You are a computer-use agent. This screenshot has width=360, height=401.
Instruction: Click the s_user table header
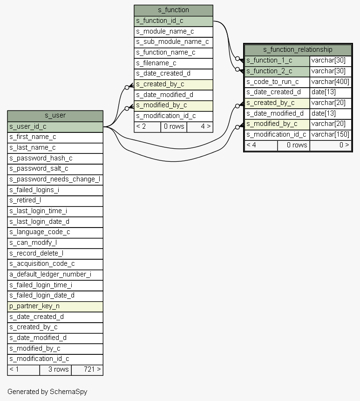pyautogui.click(x=55, y=116)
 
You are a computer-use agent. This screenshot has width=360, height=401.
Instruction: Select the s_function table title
pyautogui.click(x=173, y=10)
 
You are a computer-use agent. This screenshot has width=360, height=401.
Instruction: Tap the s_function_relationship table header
pyautogui.click(x=298, y=49)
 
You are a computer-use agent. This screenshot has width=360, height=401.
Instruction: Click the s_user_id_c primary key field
pyautogui.click(x=55, y=126)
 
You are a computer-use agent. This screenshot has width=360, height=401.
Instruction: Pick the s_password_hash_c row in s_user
pyautogui.click(x=55, y=158)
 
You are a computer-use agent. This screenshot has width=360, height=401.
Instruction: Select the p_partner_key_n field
pyautogui.click(x=55, y=306)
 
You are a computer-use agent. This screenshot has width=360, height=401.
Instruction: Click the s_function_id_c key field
pyautogui.click(x=173, y=21)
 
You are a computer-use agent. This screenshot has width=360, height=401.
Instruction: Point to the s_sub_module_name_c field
pyautogui.click(x=173, y=42)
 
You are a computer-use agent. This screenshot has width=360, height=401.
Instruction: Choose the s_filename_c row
pyautogui.click(x=173, y=63)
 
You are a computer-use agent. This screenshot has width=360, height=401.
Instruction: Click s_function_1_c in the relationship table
pyautogui.click(x=277, y=60)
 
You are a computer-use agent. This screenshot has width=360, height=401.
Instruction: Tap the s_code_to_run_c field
pyautogui.click(x=277, y=82)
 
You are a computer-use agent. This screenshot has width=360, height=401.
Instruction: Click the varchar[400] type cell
pyautogui.click(x=330, y=82)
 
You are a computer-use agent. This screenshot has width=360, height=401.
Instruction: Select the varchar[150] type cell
pyautogui.click(x=330, y=135)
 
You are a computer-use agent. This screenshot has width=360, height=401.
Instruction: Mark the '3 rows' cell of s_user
pyautogui.click(x=55, y=369)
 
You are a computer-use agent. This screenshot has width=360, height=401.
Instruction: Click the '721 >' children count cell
pyautogui.click(x=87, y=369)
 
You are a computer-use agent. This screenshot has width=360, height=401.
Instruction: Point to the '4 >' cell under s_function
pyautogui.click(x=200, y=126)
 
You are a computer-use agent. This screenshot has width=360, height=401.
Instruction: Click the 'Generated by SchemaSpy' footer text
pyautogui.click(x=47, y=392)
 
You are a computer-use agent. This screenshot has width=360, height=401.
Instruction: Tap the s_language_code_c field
pyautogui.click(x=55, y=232)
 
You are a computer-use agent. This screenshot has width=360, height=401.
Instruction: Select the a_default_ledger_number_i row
pyautogui.click(x=55, y=274)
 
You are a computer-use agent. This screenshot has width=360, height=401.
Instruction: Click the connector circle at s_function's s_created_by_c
pyautogui.click(x=127, y=87)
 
